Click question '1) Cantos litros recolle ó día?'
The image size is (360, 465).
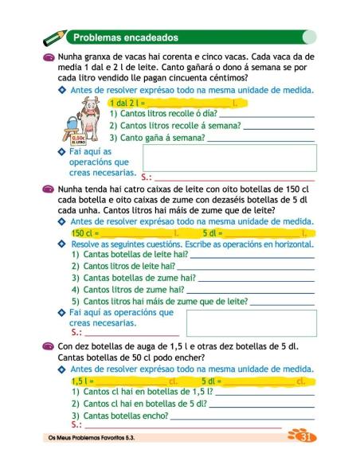166,115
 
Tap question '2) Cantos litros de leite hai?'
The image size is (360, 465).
128,266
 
